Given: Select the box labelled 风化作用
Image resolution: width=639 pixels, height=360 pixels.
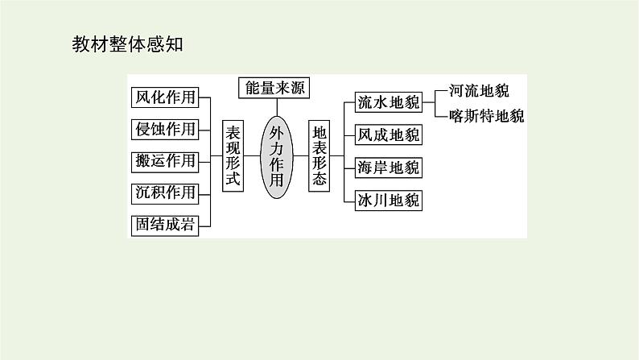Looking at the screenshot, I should (164, 97).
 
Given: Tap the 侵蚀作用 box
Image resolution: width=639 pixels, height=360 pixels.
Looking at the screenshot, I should (164, 129).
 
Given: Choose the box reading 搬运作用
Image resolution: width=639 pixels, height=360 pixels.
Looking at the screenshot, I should (164, 160).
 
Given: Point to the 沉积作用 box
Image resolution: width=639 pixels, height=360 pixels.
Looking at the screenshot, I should (164, 192).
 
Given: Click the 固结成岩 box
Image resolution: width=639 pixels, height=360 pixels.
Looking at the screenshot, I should (164, 225).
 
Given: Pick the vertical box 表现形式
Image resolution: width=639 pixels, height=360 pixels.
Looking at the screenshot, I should (232, 156).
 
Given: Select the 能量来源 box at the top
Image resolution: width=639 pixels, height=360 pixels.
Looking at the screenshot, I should (274, 87).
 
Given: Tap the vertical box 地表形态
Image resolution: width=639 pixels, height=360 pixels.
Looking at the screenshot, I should (319, 156).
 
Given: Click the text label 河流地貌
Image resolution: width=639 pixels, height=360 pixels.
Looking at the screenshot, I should (479, 90).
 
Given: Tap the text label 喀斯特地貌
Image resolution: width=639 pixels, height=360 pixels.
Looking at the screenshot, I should (487, 115).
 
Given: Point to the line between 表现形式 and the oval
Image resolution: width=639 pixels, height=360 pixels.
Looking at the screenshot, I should (252, 156).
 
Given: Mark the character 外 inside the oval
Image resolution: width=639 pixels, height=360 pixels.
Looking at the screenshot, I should (276, 130).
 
